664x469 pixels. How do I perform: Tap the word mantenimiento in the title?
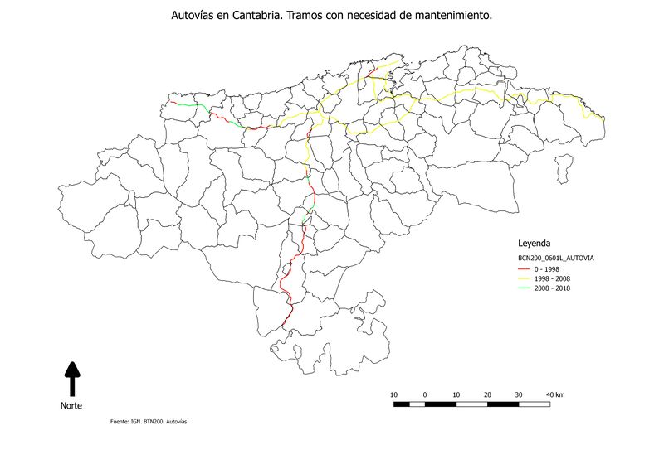point(457,16)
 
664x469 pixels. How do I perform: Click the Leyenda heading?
point(534,244)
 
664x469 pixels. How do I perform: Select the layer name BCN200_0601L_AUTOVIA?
point(555,259)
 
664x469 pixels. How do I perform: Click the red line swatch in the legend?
point(524,269)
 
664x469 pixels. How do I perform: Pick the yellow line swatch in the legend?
point(524,278)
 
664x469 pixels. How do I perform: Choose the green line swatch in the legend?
point(524,288)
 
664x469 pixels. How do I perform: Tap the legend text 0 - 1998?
point(547,269)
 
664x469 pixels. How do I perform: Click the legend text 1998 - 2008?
point(552,278)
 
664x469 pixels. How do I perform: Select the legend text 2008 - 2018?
point(552,288)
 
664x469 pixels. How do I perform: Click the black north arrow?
point(72,378)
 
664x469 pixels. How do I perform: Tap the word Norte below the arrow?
point(71,406)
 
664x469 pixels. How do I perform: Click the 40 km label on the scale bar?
point(555,394)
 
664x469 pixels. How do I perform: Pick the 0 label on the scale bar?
point(425,394)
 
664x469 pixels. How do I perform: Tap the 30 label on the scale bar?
point(519,394)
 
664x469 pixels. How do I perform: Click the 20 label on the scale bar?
point(487,394)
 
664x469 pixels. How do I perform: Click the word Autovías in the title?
point(193,16)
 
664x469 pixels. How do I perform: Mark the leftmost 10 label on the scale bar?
point(393,394)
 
